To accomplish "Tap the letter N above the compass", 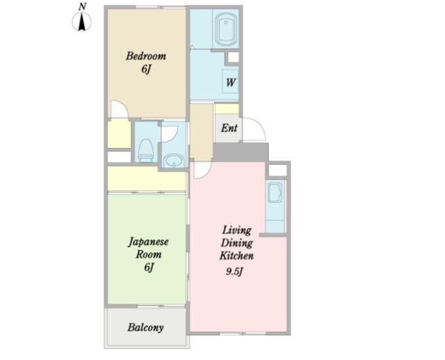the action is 82,6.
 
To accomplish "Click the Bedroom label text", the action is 146,56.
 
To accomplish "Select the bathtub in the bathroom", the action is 226,29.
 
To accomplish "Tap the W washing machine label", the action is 230,83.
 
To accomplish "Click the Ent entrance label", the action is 229,129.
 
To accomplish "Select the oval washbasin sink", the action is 174,161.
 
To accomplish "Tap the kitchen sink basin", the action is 275,193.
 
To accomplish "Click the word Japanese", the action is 148,243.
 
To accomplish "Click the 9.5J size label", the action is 234,272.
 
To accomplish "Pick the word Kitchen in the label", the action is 236,256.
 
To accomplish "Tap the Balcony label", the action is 145,327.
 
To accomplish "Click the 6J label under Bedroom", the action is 145,69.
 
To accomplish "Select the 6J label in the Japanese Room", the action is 149,267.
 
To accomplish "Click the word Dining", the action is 236,243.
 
